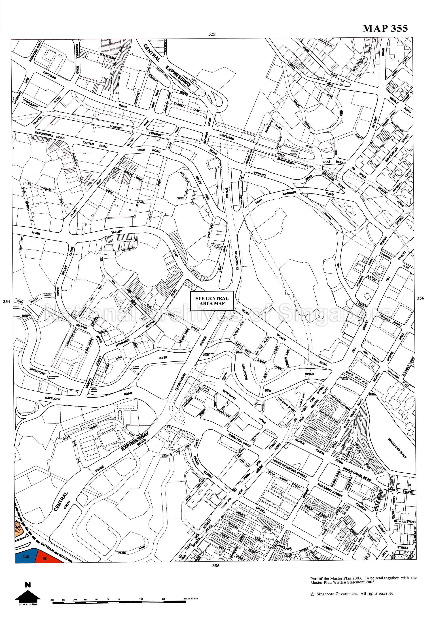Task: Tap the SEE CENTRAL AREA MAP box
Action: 212,301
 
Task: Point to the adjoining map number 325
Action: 212,35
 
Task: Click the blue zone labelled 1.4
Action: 26,557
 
